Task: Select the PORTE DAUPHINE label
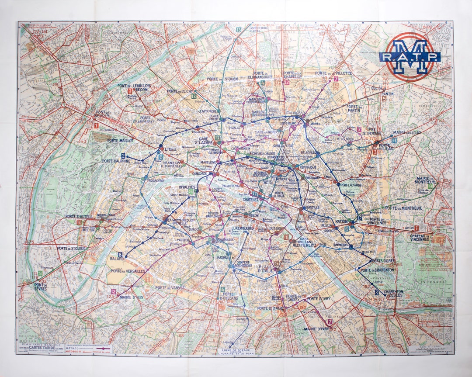click(x=116, y=161)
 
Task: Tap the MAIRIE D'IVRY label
click(x=316, y=329)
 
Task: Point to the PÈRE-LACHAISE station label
click(x=349, y=185)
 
